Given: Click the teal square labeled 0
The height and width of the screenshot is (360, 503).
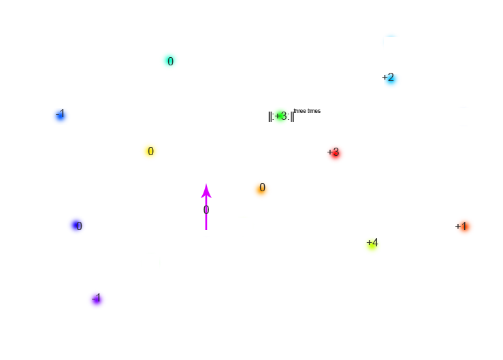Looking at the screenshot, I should (x=169, y=61).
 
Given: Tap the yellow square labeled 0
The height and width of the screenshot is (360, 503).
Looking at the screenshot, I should (x=150, y=152).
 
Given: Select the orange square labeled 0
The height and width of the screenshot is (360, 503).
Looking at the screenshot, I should (x=261, y=191).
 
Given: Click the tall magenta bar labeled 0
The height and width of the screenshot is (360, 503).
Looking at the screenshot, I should (x=206, y=206).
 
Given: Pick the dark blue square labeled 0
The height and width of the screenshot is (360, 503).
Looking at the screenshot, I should (x=76, y=226).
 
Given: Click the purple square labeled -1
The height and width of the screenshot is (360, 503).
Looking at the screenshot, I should (x=97, y=299).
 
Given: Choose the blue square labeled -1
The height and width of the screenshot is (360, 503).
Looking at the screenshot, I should (x=60, y=116).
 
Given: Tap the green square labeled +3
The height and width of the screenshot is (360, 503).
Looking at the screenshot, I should (x=280, y=116).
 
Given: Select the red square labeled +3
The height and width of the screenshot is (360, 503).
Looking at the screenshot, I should (x=335, y=154).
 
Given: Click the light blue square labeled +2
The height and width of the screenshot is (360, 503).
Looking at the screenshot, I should (x=392, y=81).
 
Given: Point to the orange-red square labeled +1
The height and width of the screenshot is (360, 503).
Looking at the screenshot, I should (x=464, y=227).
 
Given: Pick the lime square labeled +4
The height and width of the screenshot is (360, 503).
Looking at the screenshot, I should (x=371, y=246).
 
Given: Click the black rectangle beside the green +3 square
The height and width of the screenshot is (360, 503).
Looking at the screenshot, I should (x=301, y=116).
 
